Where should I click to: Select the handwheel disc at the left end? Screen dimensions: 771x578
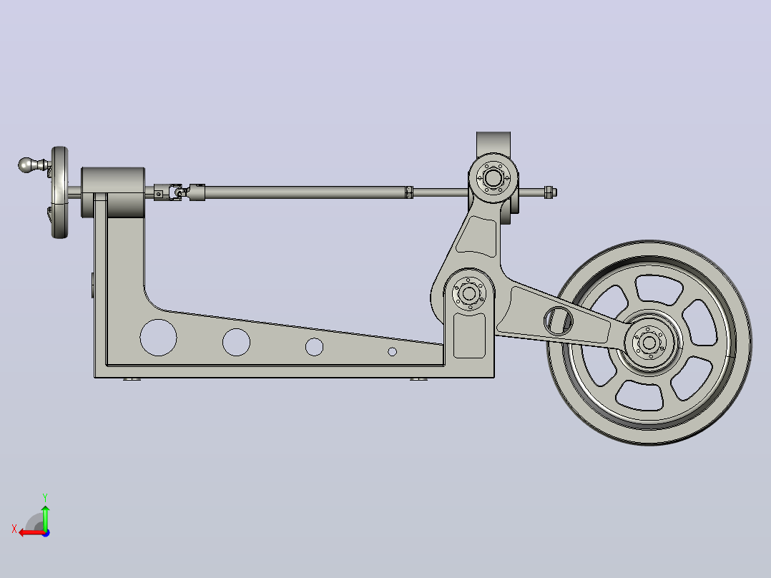tap(59, 192)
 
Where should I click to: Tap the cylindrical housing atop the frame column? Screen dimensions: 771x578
tap(113, 192)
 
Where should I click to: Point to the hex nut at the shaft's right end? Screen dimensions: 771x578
tap(550, 192)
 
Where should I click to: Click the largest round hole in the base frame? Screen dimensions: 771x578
tap(158, 338)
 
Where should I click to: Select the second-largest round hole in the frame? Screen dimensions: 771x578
tap(236, 342)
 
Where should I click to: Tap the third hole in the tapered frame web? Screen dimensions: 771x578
tap(314, 347)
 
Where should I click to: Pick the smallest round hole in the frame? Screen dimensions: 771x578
tap(393, 352)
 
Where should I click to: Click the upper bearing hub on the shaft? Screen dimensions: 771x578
tap(493, 177)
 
